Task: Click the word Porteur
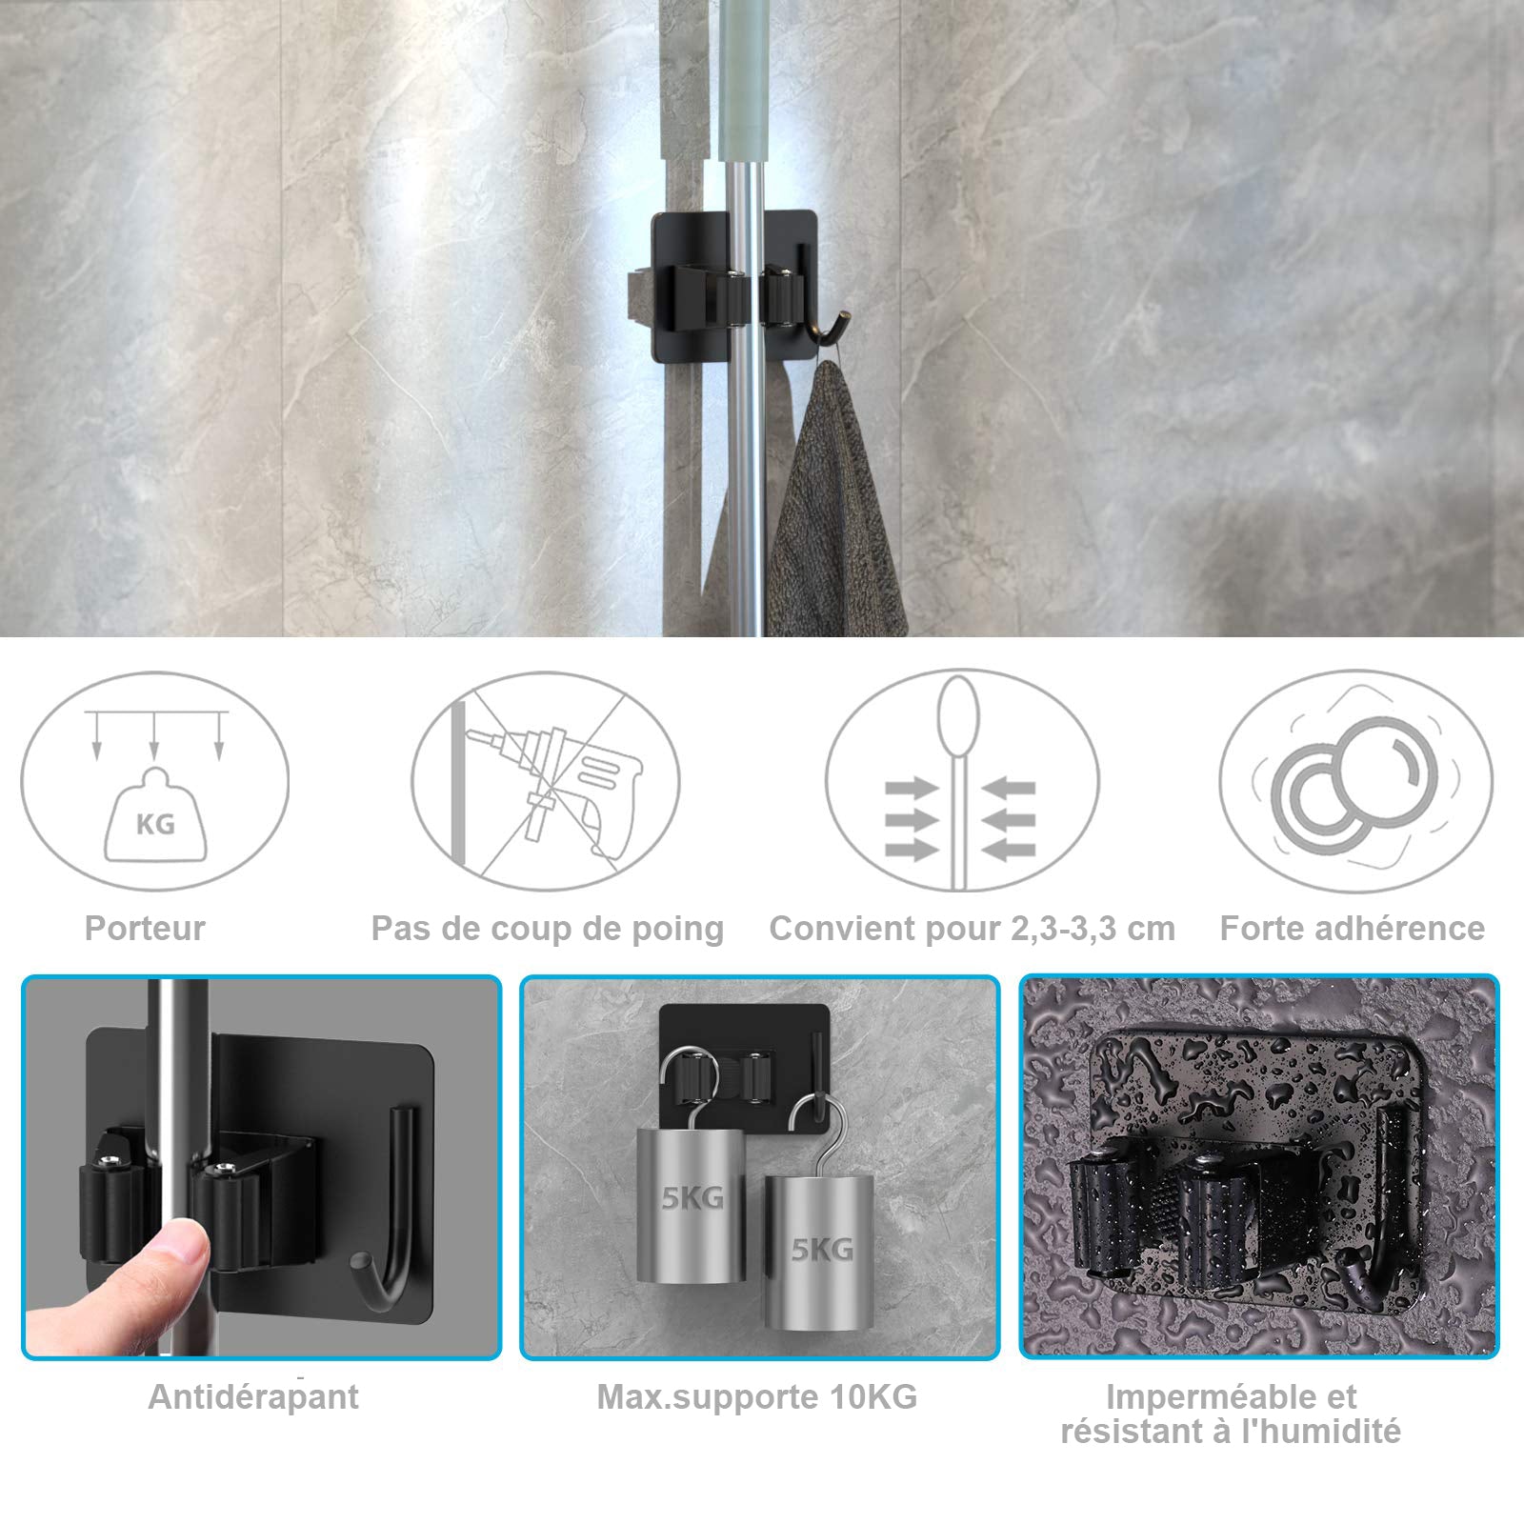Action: pos(145,928)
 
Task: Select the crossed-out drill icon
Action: pos(546,781)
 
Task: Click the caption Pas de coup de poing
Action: pos(548,929)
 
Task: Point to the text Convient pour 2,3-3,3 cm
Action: pos(972,929)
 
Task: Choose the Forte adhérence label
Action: pos(1352,928)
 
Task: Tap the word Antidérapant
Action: pos(253,1397)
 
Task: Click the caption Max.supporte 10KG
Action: pos(757,1397)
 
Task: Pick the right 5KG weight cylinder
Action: pos(819,1252)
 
